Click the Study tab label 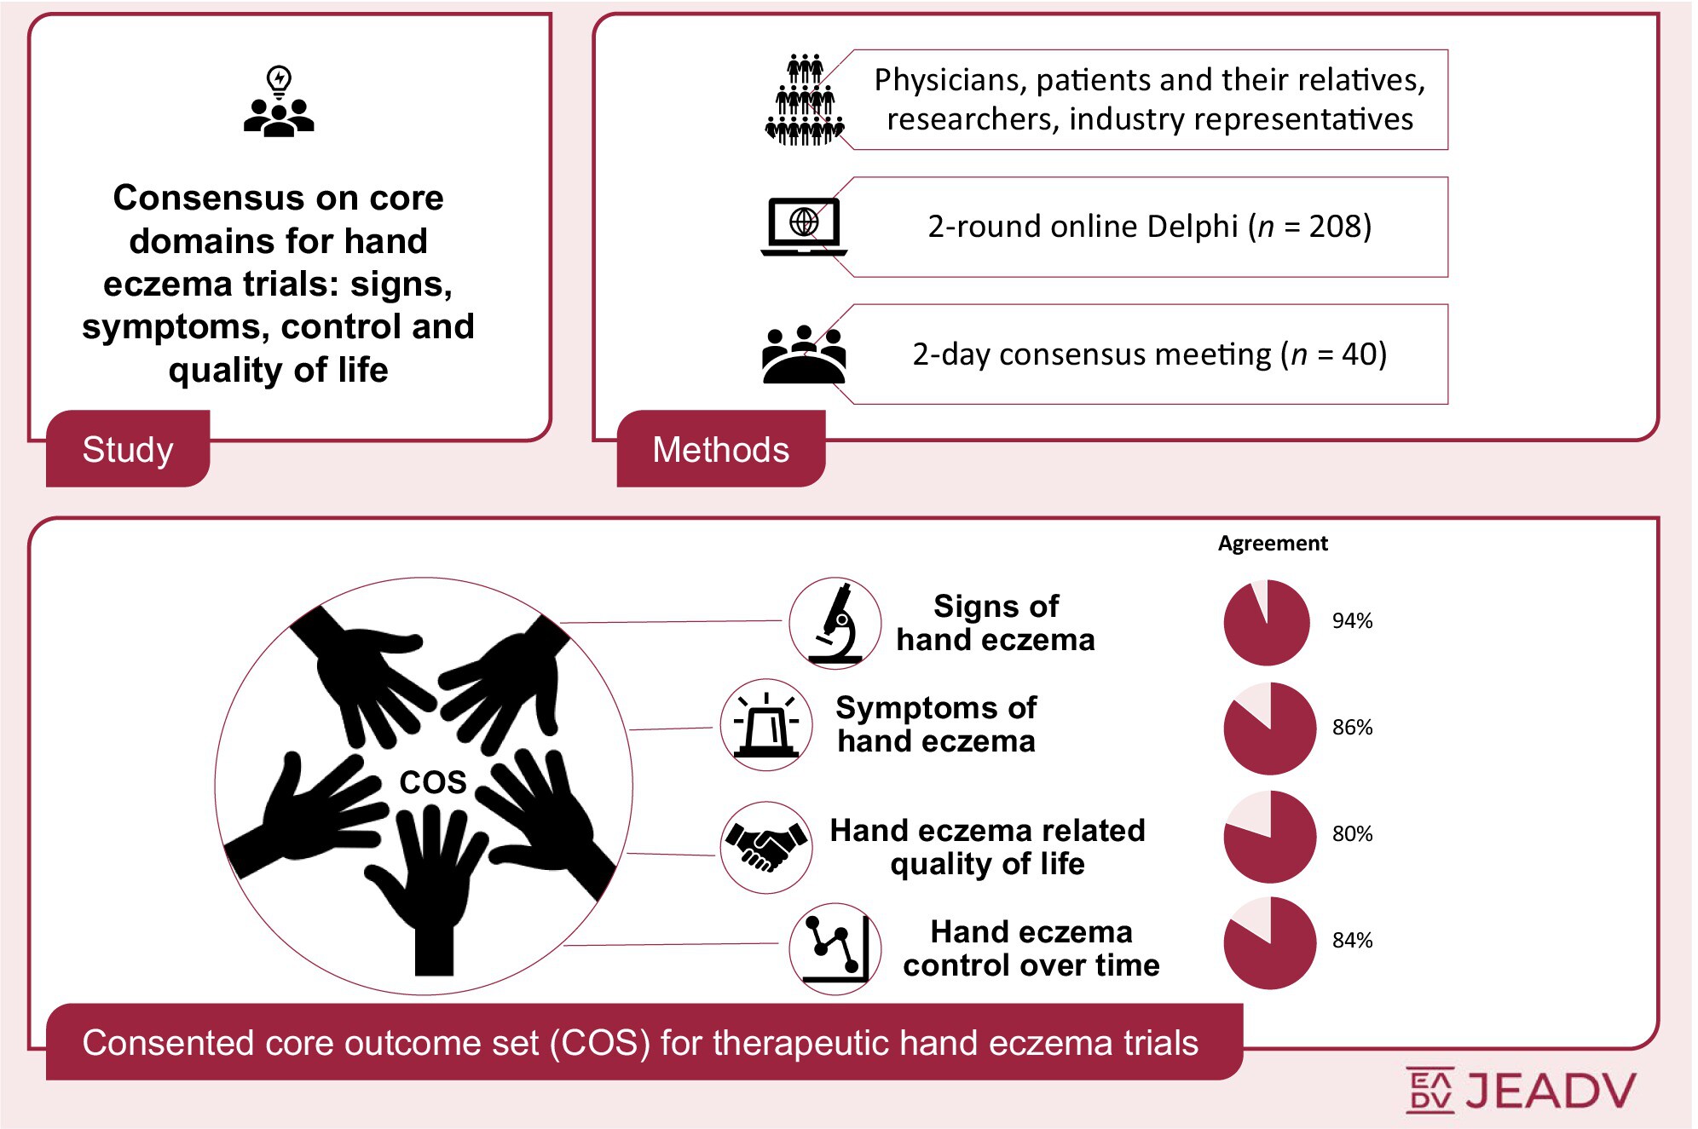(x=128, y=449)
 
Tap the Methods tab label (x=720, y=449)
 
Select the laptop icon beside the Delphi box (x=804, y=227)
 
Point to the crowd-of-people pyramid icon (x=805, y=101)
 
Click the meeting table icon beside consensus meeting (x=804, y=354)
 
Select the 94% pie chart (x=1267, y=623)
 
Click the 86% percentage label (x=1352, y=728)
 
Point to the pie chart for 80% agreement (x=1269, y=836)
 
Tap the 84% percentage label (x=1352, y=941)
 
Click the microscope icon (x=835, y=623)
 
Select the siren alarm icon (x=766, y=725)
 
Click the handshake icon (x=766, y=847)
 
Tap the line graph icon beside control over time (x=835, y=948)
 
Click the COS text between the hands (x=433, y=782)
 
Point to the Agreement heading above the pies (x=1272, y=544)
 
